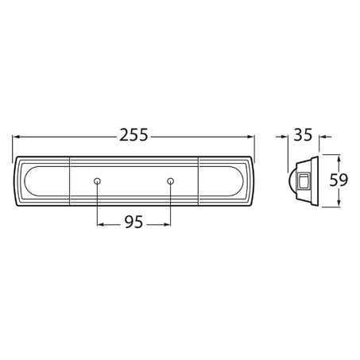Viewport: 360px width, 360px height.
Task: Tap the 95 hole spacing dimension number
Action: point(134,223)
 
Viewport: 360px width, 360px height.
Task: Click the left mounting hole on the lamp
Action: point(97,181)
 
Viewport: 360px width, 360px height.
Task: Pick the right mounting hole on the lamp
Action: point(171,181)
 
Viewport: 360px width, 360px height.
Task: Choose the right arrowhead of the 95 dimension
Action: point(167,223)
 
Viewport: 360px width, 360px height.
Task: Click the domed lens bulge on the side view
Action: point(291,181)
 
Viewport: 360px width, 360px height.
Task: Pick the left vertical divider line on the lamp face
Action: point(70,181)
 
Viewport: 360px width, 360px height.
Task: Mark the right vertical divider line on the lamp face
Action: point(198,181)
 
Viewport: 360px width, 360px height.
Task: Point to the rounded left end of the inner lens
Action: point(28,181)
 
